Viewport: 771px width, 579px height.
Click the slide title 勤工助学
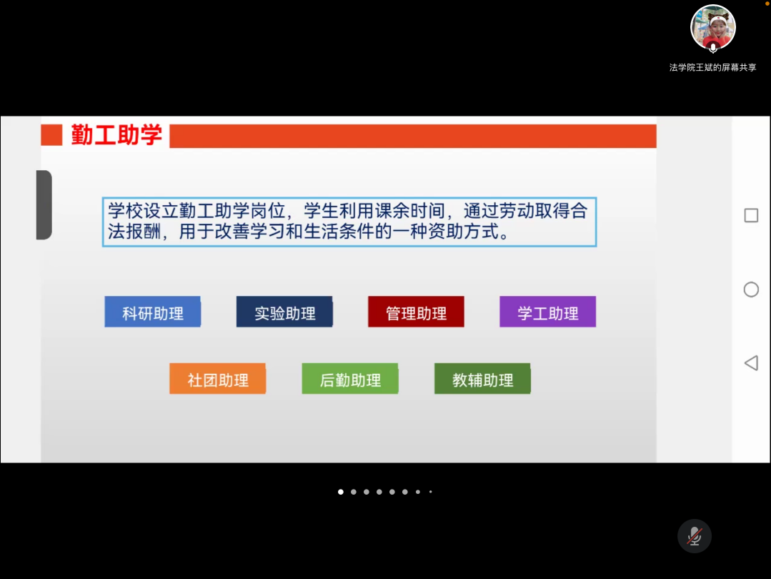tap(116, 135)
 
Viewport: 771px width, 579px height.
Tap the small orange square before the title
tap(51, 135)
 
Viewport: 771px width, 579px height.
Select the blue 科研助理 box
tap(152, 312)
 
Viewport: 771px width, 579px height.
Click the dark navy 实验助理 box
tap(284, 312)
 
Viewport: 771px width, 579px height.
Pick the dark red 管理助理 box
tap(416, 312)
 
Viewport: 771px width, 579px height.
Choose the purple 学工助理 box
tap(548, 312)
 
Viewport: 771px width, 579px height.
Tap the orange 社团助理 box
tap(218, 378)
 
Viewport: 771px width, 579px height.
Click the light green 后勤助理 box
tap(350, 378)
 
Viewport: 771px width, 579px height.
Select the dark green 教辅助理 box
tap(482, 378)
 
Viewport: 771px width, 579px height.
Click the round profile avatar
tap(713, 28)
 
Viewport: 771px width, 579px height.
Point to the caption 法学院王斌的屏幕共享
tap(712, 67)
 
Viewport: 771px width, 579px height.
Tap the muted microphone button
tap(695, 535)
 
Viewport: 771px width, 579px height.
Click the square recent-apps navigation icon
tap(751, 215)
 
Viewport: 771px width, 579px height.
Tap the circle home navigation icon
tap(751, 289)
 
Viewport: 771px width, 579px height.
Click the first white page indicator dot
tap(341, 492)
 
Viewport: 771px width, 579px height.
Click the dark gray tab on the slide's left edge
tap(44, 204)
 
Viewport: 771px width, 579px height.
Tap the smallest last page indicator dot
tap(430, 492)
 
